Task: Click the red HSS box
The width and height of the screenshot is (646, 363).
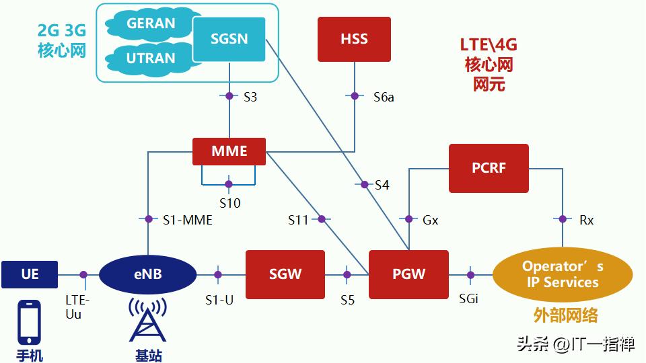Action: coord(354,39)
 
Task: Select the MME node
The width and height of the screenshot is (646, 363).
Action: coord(229,151)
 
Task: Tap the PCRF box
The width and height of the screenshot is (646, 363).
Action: coord(489,168)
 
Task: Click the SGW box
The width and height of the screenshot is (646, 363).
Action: coord(285,274)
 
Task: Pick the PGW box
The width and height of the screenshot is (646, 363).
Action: coord(408,274)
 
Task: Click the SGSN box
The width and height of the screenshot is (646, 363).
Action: coord(229,39)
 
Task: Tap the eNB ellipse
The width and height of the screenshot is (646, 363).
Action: coord(147,274)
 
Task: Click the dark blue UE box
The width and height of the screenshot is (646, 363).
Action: coord(30,274)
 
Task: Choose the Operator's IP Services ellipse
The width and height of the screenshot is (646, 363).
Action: coord(563,274)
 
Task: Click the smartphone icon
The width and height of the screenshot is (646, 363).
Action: coord(30,324)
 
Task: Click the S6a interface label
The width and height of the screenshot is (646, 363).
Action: coord(384,97)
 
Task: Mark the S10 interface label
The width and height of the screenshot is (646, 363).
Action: coord(229,202)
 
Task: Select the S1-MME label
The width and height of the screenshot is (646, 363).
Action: coord(188,219)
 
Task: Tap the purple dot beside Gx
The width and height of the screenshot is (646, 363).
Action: coord(408,219)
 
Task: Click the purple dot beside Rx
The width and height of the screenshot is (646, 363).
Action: coord(563,219)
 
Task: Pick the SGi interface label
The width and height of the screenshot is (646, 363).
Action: coord(468,298)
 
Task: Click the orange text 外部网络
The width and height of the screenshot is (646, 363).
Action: coord(565,315)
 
